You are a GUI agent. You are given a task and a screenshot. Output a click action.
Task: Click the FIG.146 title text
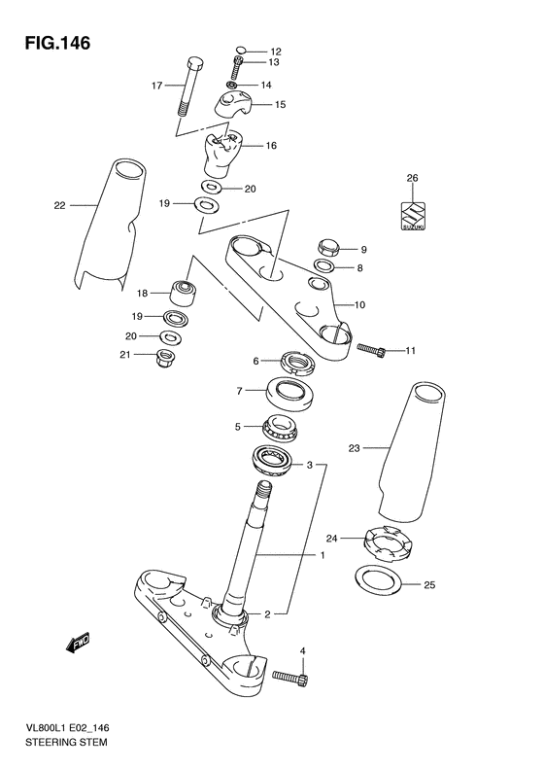click(58, 43)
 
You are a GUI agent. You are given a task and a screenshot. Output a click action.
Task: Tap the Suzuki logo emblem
click(413, 216)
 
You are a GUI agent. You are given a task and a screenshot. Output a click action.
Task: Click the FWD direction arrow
click(78, 643)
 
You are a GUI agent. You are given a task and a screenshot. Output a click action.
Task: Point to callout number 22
click(59, 205)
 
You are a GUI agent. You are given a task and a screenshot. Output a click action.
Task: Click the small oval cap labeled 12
click(240, 49)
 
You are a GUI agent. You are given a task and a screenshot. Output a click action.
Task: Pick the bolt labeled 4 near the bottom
click(290, 677)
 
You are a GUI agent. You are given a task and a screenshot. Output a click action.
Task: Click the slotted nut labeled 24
click(389, 542)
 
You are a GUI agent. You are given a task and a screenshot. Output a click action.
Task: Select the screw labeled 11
click(371, 350)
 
